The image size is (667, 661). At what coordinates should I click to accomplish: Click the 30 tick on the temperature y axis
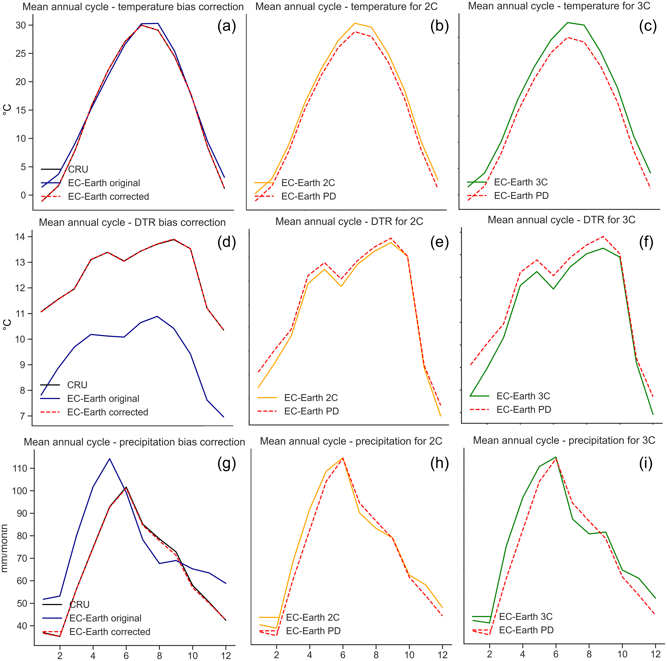point(21,25)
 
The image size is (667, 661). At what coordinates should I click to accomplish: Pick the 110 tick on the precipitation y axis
point(20,469)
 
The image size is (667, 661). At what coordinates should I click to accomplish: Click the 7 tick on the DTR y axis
point(23,416)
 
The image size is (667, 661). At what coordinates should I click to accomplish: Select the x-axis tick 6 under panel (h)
point(343,654)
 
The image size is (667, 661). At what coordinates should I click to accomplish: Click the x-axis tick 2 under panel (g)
point(60,655)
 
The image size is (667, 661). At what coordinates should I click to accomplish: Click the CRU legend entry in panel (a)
point(78,169)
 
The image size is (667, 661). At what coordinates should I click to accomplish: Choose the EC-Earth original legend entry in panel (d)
point(103,398)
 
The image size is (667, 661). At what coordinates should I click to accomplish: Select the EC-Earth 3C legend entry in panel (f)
point(523,396)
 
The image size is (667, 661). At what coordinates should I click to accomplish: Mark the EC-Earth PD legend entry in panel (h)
point(313,631)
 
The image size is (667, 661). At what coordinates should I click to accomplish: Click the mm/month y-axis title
point(5,548)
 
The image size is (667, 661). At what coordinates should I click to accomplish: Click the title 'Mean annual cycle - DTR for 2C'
point(349,221)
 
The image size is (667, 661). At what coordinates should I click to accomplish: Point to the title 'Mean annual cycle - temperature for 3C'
point(559,6)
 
